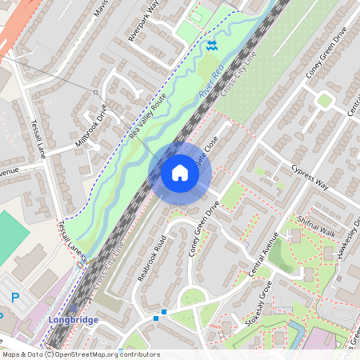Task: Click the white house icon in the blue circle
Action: [x=180, y=173]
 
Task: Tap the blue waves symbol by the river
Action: [x=211, y=46]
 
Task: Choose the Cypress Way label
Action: [x=310, y=176]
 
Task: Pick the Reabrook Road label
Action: [x=151, y=256]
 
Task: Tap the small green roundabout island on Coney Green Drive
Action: [x=324, y=101]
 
